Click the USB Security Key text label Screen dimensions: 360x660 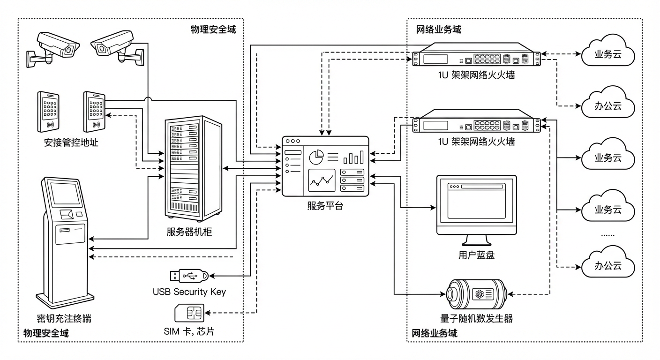[x=189, y=292]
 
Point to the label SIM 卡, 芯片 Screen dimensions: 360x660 [x=189, y=332]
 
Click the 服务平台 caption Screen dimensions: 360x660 [x=325, y=205]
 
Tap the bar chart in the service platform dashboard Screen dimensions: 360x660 [x=353, y=157]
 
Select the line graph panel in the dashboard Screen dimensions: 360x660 [x=322, y=181]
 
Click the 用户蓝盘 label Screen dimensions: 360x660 [x=476, y=255]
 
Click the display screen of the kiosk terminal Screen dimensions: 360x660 [x=65, y=193]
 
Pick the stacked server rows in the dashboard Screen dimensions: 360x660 [x=352, y=180]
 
